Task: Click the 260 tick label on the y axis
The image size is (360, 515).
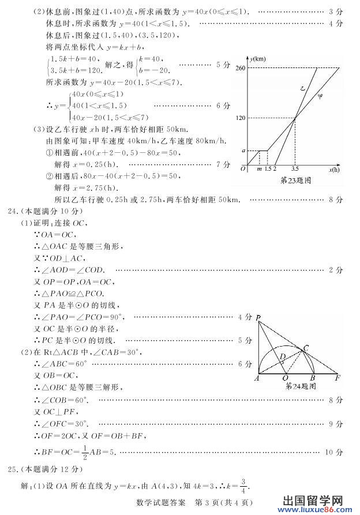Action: click(x=241, y=68)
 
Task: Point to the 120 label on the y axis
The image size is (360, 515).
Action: click(x=241, y=118)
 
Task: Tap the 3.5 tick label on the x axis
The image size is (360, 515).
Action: click(x=295, y=169)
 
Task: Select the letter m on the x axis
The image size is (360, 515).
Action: click(x=259, y=169)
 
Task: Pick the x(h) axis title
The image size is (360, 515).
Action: click(x=334, y=169)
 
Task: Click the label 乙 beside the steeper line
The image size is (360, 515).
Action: click(x=303, y=89)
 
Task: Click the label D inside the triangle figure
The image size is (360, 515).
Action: click(x=282, y=356)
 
